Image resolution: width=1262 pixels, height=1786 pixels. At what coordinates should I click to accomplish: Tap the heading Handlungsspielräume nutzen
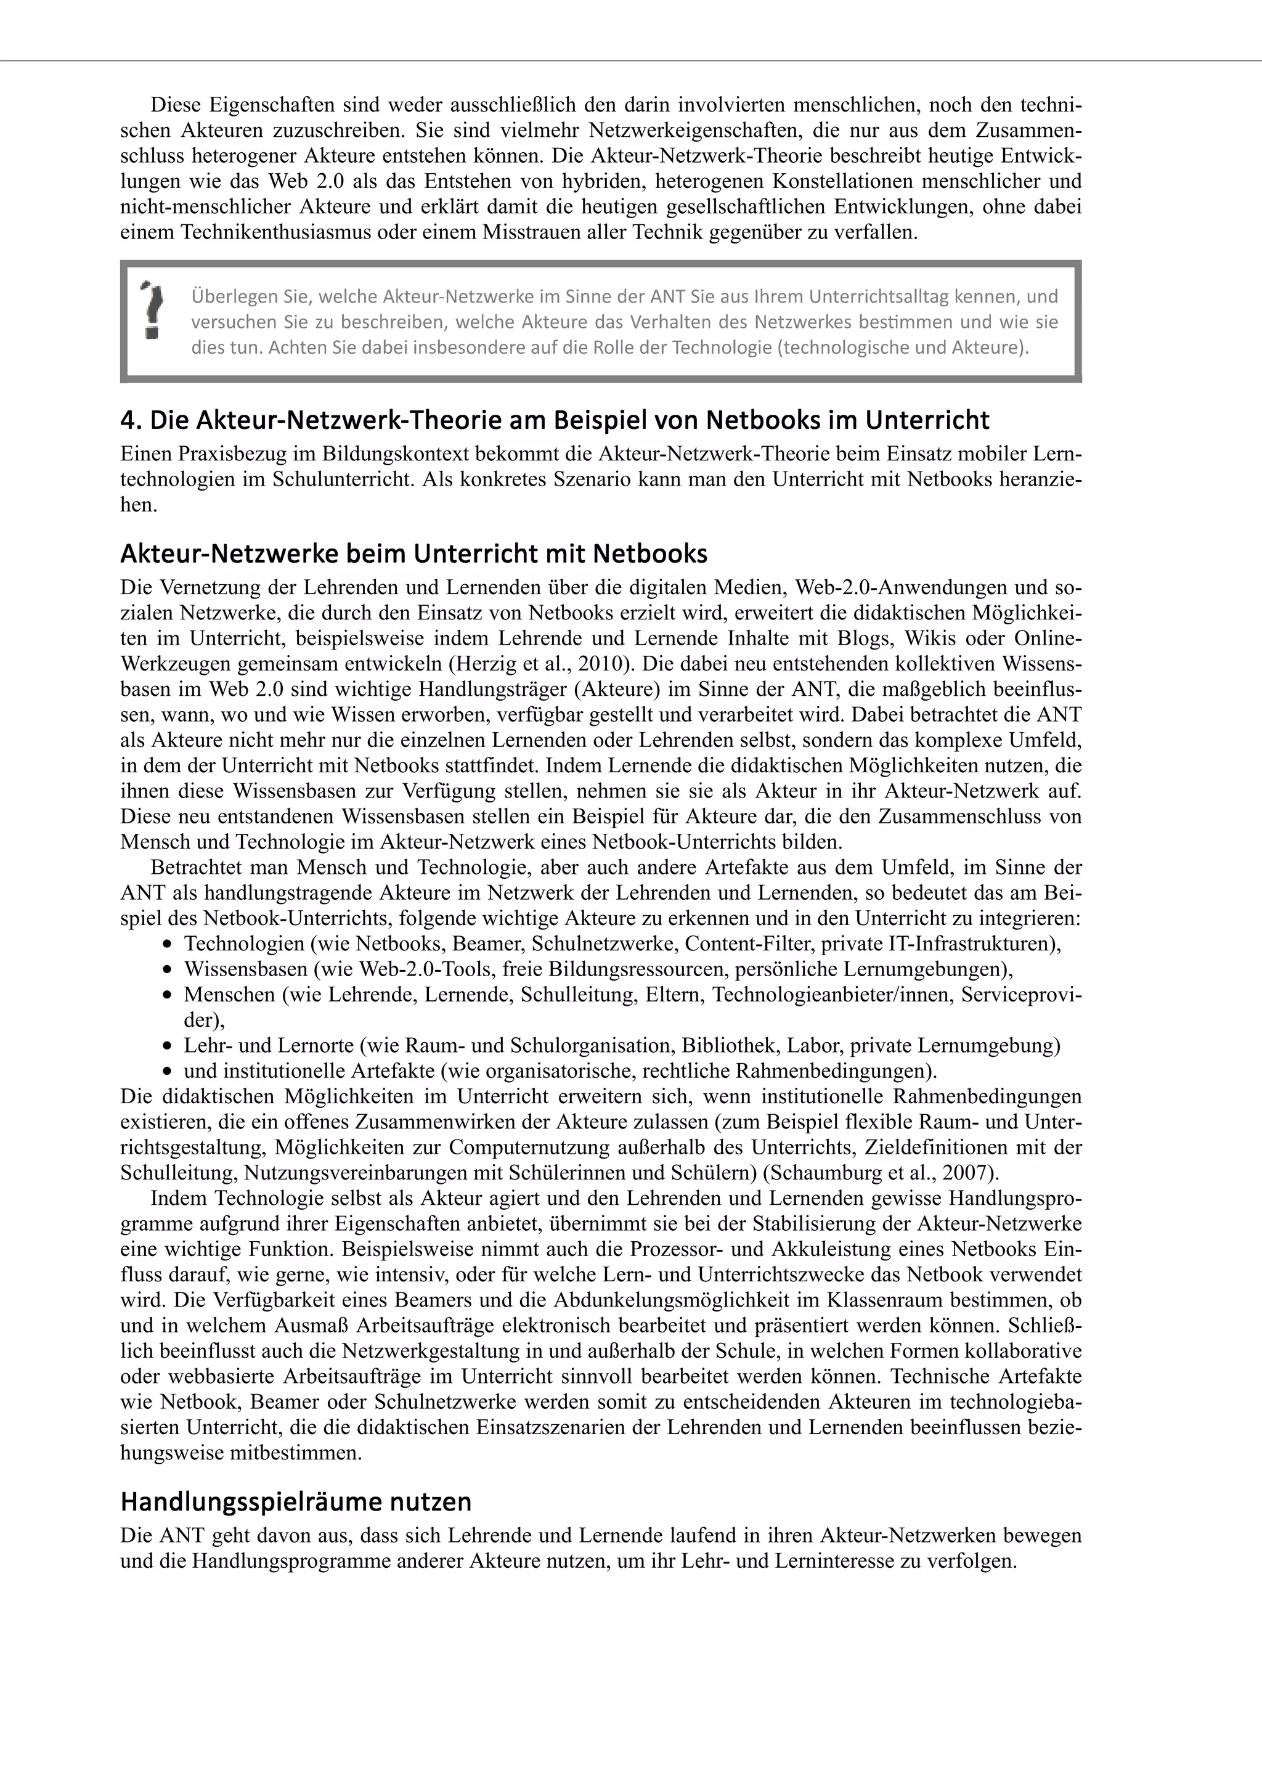pos(296,1501)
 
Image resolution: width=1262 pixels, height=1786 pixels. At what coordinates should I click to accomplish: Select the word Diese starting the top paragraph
pos(176,105)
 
